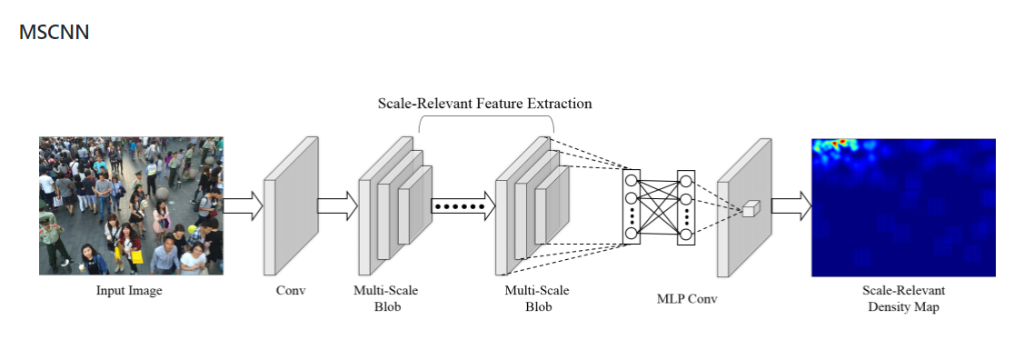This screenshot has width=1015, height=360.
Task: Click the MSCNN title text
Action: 54,33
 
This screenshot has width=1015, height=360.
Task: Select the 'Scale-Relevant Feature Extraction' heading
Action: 484,104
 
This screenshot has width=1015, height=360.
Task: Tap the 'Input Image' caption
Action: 129,291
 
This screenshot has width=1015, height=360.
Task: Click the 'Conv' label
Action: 291,291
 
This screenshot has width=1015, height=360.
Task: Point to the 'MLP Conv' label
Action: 685,298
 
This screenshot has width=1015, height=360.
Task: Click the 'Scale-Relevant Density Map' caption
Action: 903,298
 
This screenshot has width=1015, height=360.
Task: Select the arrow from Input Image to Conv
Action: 243,205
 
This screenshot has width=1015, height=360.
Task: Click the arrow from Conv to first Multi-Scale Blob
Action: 337,205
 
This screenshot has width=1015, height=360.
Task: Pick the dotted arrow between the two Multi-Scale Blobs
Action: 463,206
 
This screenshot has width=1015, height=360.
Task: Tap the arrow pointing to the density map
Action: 791,205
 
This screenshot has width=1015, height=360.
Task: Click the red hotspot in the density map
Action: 841,143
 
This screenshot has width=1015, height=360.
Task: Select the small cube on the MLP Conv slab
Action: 749,210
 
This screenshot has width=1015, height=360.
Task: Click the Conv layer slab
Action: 291,205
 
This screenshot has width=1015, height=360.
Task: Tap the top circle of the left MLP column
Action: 631,179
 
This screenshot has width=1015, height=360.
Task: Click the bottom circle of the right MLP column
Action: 685,235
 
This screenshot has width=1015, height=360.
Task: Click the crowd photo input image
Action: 130,205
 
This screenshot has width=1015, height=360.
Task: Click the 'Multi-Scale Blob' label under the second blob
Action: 537,298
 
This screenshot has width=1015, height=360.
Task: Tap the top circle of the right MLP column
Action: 685,179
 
